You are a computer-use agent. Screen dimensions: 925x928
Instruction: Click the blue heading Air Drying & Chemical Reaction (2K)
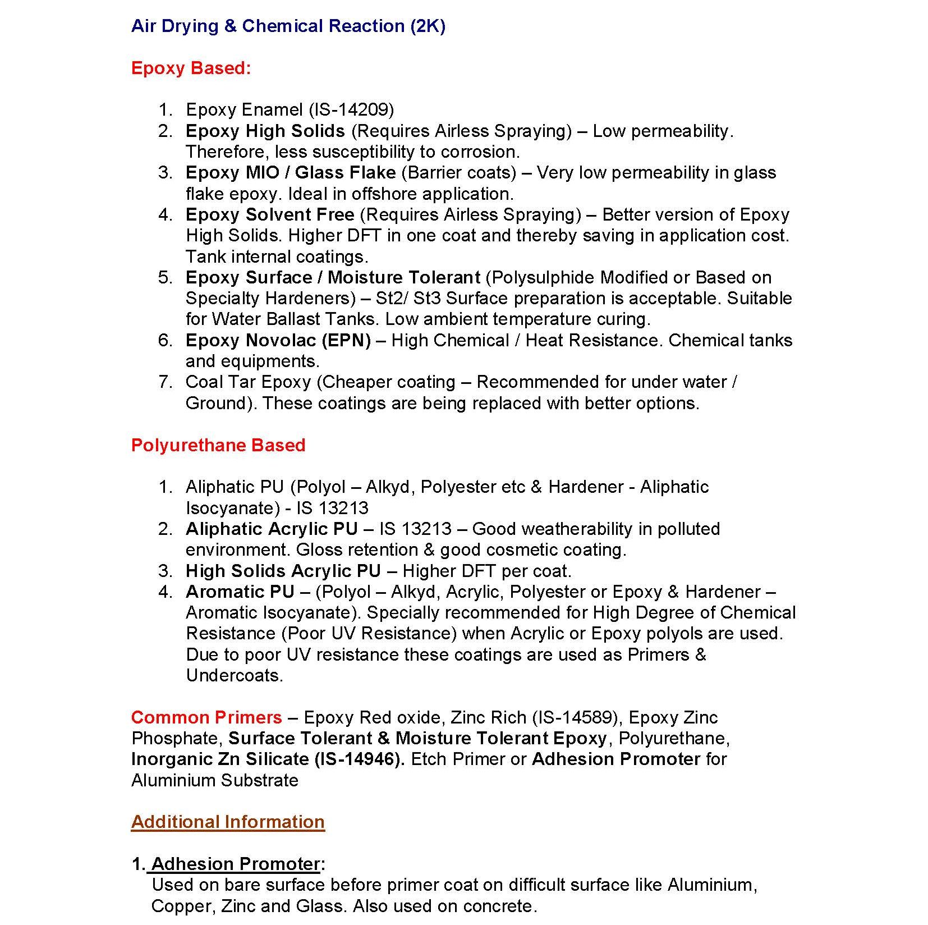pyautogui.click(x=288, y=26)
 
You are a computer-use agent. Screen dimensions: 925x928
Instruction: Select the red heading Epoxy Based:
pyautogui.click(x=191, y=68)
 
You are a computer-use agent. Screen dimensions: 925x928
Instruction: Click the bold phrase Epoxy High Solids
pyautogui.click(x=265, y=131)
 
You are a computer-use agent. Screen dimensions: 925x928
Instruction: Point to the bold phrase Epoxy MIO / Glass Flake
pyautogui.click(x=291, y=173)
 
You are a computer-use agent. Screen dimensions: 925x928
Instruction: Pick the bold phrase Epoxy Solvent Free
pyautogui.click(x=270, y=215)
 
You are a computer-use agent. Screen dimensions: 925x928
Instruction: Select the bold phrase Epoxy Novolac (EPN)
pyautogui.click(x=278, y=341)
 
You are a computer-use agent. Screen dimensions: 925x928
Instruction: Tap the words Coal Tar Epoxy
pyautogui.click(x=248, y=382)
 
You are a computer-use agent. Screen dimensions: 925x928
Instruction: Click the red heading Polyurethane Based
pyautogui.click(x=218, y=446)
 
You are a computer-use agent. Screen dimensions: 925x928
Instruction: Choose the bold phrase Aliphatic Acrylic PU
pyautogui.click(x=272, y=529)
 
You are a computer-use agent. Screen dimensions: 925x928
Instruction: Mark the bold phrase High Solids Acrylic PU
pyautogui.click(x=283, y=571)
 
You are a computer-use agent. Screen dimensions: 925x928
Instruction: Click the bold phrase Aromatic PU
pyautogui.click(x=240, y=592)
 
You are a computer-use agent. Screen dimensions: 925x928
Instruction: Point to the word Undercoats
pyautogui.click(x=233, y=676)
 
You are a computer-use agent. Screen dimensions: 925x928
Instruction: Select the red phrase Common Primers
pyautogui.click(x=206, y=718)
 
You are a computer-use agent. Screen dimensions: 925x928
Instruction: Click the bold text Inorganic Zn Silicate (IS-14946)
pyautogui.click(x=268, y=759)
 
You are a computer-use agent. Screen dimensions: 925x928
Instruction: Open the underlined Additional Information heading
pyautogui.click(x=228, y=822)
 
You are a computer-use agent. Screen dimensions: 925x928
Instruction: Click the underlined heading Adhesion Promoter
pyautogui.click(x=236, y=864)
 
